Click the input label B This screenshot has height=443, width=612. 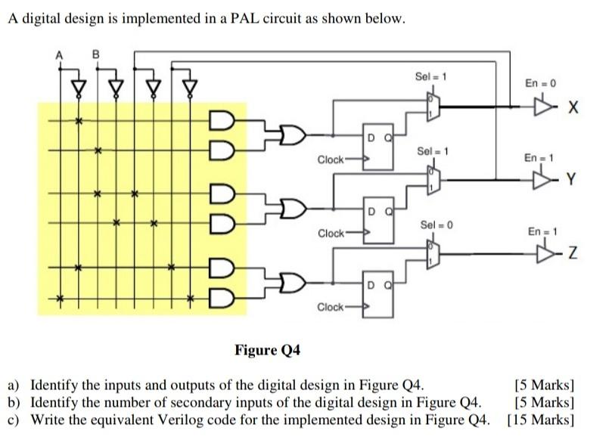tap(95, 54)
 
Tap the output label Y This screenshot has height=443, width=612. tap(573, 180)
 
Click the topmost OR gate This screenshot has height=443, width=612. tap(291, 135)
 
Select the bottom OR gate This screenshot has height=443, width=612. tap(291, 284)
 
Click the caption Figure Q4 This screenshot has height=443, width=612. tap(268, 350)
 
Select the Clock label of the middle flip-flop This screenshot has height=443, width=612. tap(331, 233)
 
